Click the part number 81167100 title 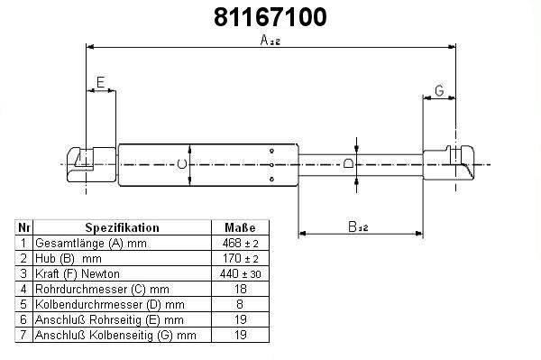pos(270,17)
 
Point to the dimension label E pos(100,82)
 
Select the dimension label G pos(439,90)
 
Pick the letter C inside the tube pos(182,164)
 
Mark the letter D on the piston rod pos(348,162)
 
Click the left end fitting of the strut pos(91,164)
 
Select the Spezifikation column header pos(122,227)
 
